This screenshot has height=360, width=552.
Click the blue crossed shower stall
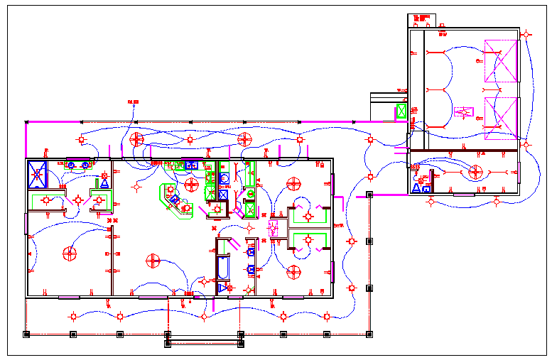(x=38, y=173)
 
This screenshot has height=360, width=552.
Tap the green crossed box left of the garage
(x=401, y=111)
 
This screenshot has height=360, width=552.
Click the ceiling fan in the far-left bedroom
(x=70, y=253)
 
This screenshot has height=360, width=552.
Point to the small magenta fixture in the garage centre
(x=464, y=111)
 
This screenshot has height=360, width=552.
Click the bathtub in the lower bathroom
(x=222, y=269)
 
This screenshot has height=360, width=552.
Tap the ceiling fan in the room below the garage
(x=475, y=173)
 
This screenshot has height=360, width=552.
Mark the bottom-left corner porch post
(x=26, y=334)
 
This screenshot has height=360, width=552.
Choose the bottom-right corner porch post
(x=369, y=334)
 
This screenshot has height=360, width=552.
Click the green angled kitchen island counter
(x=173, y=198)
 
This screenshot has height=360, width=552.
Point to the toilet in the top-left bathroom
(x=104, y=181)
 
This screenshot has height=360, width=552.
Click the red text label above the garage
(x=421, y=18)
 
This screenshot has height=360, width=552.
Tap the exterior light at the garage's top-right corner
(x=526, y=33)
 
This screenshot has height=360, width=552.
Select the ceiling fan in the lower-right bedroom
(x=294, y=271)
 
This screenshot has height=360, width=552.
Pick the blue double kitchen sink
(x=190, y=165)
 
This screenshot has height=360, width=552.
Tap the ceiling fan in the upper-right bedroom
(x=293, y=184)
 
